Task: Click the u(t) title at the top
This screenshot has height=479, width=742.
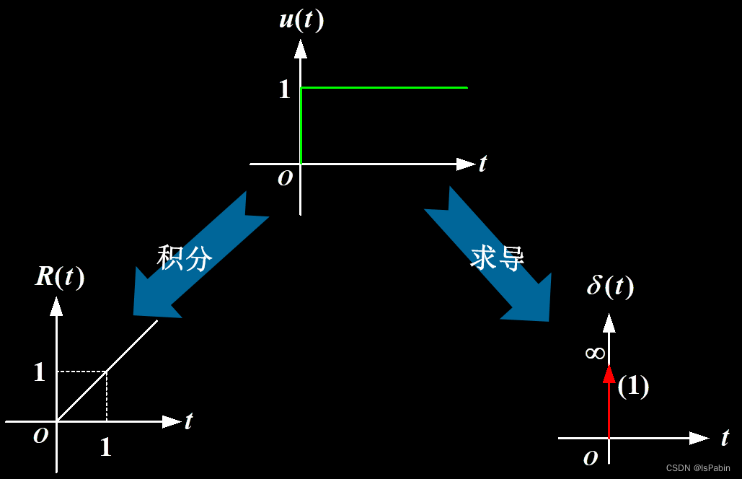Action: click(301, 19)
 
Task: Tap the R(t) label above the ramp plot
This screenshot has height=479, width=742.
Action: click(60, 277)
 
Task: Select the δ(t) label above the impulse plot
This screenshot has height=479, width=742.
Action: click(610, 286)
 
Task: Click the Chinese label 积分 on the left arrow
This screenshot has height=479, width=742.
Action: click(185, 257)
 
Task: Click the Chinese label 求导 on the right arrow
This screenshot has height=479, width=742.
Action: click(498, 257)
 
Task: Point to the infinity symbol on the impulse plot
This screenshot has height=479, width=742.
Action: click(595, 353)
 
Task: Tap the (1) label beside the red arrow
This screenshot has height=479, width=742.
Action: click(633, 387)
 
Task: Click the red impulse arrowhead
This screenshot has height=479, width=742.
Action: click(609, 374)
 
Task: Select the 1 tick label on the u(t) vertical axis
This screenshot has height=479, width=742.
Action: click(284, 89)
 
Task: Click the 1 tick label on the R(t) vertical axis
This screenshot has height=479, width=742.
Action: click(39, 372)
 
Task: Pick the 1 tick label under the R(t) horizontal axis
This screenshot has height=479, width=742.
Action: click(105, 448)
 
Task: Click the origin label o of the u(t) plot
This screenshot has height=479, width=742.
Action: click(286, 178)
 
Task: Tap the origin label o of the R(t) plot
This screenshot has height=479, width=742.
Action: click(41, 435)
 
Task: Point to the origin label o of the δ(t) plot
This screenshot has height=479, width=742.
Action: click(590, 457)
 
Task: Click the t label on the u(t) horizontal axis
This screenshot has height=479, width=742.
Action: click(482, 164)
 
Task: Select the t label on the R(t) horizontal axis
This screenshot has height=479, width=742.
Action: click(188, 421)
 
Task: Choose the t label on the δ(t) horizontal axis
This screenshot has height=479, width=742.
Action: click(725, 437)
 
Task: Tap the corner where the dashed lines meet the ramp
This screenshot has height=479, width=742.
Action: click(107, 372)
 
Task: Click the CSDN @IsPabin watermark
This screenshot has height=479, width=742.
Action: click(698, 468)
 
